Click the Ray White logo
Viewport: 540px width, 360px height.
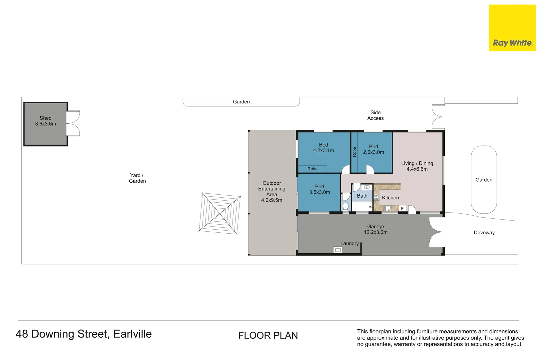click(x=512, y=28)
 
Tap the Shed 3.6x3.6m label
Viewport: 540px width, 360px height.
click(x=46, y=121)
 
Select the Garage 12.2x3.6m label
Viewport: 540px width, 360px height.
click(x=375, y=229)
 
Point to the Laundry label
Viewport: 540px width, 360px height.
click(x=349, y=243)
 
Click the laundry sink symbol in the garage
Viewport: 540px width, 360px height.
click(x=338, y=250)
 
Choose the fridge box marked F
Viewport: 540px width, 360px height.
click(x=402, y=209)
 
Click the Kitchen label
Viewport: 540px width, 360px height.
click(x=390, y=198)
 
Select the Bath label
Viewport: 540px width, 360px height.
click(x=362, y=196)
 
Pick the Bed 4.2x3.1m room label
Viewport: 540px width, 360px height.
click(x=323, y=148)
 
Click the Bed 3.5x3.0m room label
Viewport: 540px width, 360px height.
click(x=320, y=189)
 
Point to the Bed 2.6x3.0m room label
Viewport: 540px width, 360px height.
click(x=373, y=149)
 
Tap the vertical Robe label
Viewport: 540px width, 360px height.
click(x=354, y=152)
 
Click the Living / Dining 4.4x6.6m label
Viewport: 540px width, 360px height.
click(x=417, y=166)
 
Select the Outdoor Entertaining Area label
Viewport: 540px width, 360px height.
click(x=272, y=192)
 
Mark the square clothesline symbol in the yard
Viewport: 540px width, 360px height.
click(x=220, y=214)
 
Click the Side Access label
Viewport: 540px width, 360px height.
click(x=375, y=115)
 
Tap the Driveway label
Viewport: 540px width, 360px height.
click(x=484, y=233)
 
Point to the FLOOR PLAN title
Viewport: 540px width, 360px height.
click(x=268, y=335)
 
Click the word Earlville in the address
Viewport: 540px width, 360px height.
click(x=133, y=334)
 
